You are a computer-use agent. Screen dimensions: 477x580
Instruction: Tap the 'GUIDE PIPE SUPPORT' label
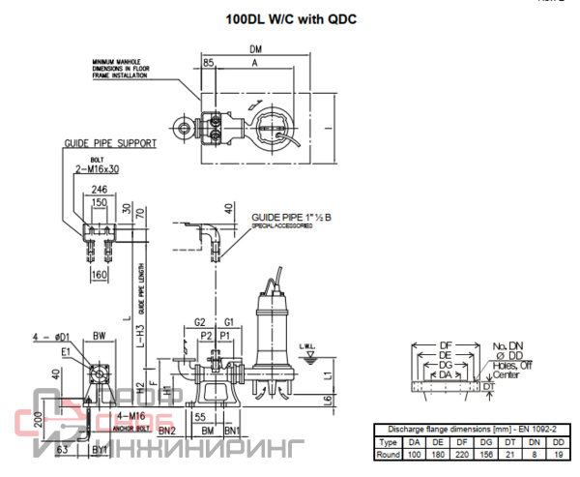click(110, 143)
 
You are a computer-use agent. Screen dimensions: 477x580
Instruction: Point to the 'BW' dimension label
click(100, 336)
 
